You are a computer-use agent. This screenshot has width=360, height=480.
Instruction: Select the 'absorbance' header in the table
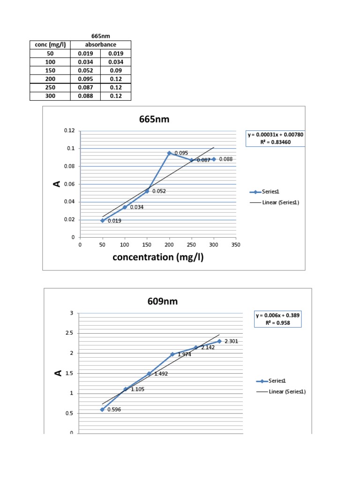(100, 45)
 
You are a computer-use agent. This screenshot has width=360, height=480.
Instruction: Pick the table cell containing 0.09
(116, 70)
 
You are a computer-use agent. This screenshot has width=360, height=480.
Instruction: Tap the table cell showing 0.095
(85, 79)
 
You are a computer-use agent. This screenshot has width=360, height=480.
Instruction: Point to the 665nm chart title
(154, 120)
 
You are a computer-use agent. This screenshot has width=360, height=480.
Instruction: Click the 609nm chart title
(162, 301)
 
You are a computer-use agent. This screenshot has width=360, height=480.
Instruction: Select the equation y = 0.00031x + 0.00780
(276, 135)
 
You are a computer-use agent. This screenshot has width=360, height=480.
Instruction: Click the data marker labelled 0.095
(169, 153)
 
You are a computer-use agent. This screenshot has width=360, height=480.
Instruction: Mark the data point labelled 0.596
(102, 409)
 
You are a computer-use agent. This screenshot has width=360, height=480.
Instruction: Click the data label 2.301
(232, 342)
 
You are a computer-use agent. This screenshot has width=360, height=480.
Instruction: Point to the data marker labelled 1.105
(125, 389)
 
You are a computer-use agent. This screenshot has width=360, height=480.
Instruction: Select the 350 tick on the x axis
(236, 245)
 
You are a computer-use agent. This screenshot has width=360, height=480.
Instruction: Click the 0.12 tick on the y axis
(69, 130)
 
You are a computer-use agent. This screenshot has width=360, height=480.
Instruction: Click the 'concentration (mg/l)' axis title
(158, 257)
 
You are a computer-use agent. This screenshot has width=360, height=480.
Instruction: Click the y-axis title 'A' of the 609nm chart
(58, 373)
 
